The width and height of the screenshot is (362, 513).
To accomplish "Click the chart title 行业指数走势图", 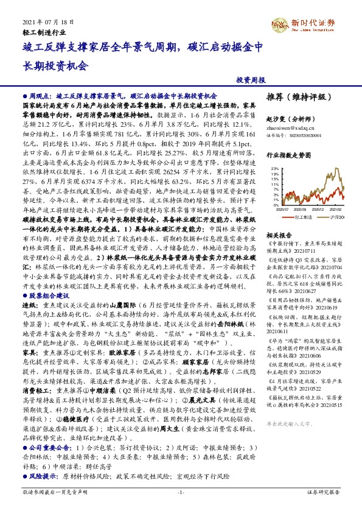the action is [288, 155].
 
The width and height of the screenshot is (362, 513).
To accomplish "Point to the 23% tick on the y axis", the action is [274, 168].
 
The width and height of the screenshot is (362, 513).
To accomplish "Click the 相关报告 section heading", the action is [280, 235].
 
